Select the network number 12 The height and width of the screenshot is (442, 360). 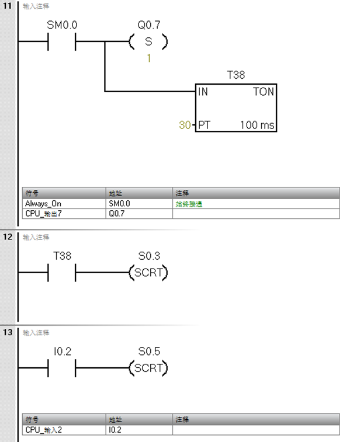click(7, 237)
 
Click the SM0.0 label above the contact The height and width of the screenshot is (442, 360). click(61, 26)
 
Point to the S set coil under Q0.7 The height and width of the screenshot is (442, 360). click(148, 42)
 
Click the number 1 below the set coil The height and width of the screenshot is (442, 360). click(148, 58)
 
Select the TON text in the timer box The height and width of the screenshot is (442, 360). click(263, 92)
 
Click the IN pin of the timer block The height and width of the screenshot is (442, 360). click(203, 92)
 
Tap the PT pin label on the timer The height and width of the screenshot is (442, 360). click(204, 125)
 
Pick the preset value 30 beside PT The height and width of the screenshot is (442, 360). click(185, 125)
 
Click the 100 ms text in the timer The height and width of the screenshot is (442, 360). click(257, 125)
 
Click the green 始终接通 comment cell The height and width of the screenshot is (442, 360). click(190, 204)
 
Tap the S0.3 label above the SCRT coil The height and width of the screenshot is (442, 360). click(148, 256)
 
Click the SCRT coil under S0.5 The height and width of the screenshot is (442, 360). click(148, 368)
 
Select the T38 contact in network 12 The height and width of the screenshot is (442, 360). click(61, 273)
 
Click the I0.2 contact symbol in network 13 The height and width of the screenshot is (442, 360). click(61, 368)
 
